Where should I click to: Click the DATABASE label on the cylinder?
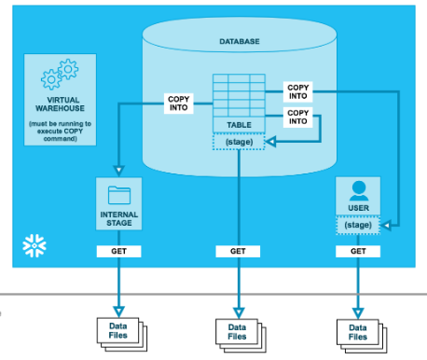coord(239,42)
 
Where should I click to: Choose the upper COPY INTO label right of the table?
coord(297,90)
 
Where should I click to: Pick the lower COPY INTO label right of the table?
coord(297,118)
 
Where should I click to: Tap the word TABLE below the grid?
coord(239,124)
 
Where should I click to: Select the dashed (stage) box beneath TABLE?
coord(239,142)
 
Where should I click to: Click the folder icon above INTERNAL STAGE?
coord(119,194)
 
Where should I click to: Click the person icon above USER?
coord(358,190)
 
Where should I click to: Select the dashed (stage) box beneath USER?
coord(358,225)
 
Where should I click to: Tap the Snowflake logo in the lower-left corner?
coord(30,247)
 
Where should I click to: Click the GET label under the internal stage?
coord(119,252)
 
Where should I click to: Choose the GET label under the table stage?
coord(239,252)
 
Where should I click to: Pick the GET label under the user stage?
coord(358,252)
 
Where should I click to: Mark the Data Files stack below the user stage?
coord(358,332)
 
